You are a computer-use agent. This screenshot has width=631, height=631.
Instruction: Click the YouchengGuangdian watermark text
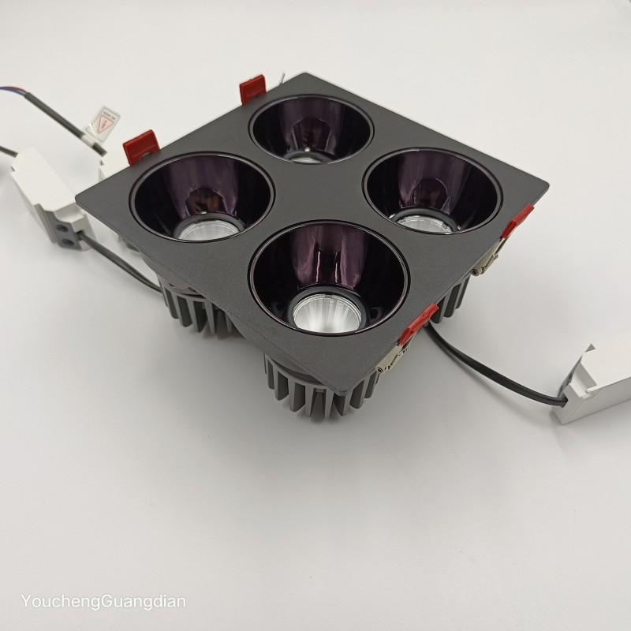pyautogui.click(x=103, y=602)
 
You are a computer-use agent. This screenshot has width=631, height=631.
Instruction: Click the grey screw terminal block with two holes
pyautogui.click(x=68, y=236)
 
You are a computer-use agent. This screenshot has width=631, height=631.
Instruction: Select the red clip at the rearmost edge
pyautogui.click(x=252, y=88)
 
